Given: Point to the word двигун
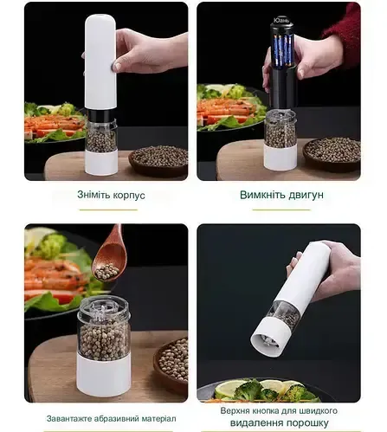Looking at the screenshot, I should tap(306, 195).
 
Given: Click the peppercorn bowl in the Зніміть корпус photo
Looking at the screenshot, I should tap(158, 158).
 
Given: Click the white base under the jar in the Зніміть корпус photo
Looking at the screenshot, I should tap(103, 164).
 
